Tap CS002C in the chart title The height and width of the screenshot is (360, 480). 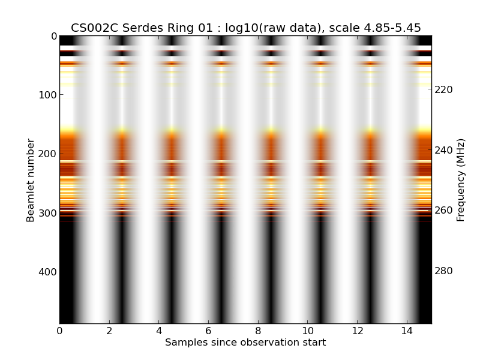91,28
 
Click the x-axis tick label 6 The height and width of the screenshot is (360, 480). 208,331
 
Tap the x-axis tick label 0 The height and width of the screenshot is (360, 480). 59,331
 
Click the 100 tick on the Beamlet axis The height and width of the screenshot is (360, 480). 45,95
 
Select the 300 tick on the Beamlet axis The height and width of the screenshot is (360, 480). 45,213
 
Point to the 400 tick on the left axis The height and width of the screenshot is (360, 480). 45,272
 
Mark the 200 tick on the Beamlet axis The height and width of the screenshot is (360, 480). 45,154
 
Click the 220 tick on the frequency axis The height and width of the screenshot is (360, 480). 443,89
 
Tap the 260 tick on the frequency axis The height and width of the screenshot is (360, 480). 443,211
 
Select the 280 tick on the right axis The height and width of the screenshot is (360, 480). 443,271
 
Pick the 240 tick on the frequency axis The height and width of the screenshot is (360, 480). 443,150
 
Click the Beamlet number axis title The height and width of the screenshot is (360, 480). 31,180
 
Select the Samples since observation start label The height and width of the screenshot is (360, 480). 245,343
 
